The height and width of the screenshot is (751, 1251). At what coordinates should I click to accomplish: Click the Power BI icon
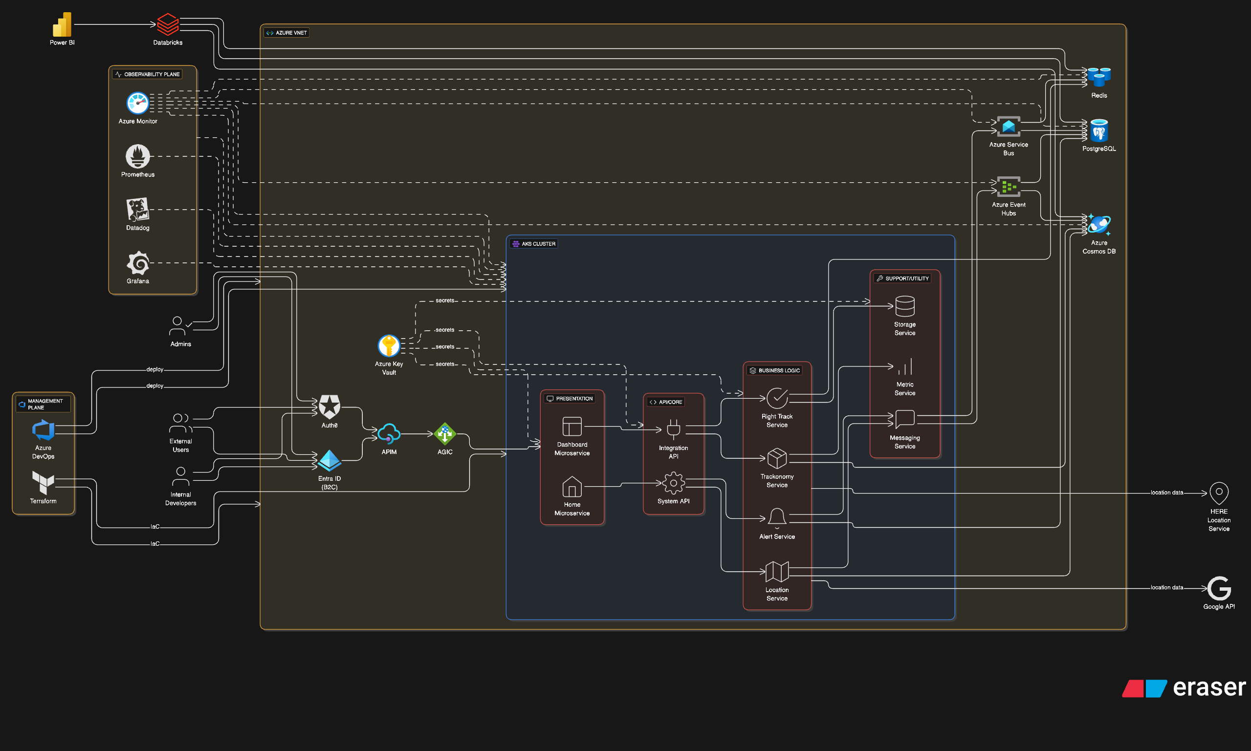point(62,24)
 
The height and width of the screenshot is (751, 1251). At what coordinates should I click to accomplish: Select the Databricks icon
point(168,24)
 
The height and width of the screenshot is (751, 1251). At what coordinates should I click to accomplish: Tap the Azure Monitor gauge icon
point(137,103)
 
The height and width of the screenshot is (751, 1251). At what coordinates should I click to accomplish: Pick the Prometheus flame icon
point(137,156)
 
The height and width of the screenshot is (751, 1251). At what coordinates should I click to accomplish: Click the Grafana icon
point(138,263)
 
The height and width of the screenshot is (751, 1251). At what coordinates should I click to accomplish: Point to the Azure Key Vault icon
point(389,346)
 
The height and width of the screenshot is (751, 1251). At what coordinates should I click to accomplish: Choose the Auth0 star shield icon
point(329,407)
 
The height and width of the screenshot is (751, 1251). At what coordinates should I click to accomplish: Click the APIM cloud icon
point(389,434)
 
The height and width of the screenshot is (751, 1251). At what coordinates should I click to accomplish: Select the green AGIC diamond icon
point(444,434)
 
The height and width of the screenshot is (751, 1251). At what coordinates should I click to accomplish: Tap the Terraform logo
point(43,482)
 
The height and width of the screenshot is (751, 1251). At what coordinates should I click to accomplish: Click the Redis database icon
point(1098,77)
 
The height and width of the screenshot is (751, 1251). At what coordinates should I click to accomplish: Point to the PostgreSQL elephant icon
point(1098,131)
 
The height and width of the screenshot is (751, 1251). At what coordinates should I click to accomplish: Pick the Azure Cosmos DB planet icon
point(1098,225)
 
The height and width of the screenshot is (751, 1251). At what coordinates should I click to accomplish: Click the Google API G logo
point(1219,588)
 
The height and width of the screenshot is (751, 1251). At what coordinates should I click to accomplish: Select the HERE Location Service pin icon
point(1219,493)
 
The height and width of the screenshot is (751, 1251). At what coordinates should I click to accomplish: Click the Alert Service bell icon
point(777,518)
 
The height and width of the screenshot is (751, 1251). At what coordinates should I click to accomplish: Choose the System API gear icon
point(673,483)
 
